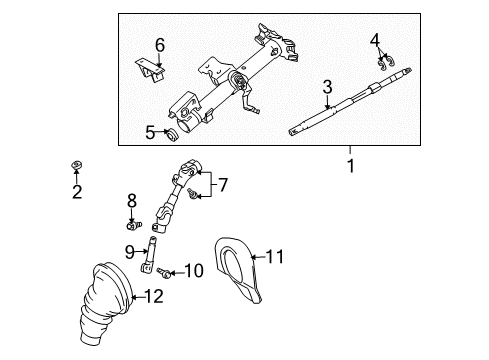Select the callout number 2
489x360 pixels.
click(x=77, y=192)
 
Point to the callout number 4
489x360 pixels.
click(x=375, y=40)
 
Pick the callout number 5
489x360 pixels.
click(x=150, y=131)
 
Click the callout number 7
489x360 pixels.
click(x=223, y=184)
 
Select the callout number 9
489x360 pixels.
click(x=130, y=251)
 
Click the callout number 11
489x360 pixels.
click(x=274, y=257)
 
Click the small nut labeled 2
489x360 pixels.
click(x=77, y=163)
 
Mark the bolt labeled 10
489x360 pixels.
click(x=166, y=271)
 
